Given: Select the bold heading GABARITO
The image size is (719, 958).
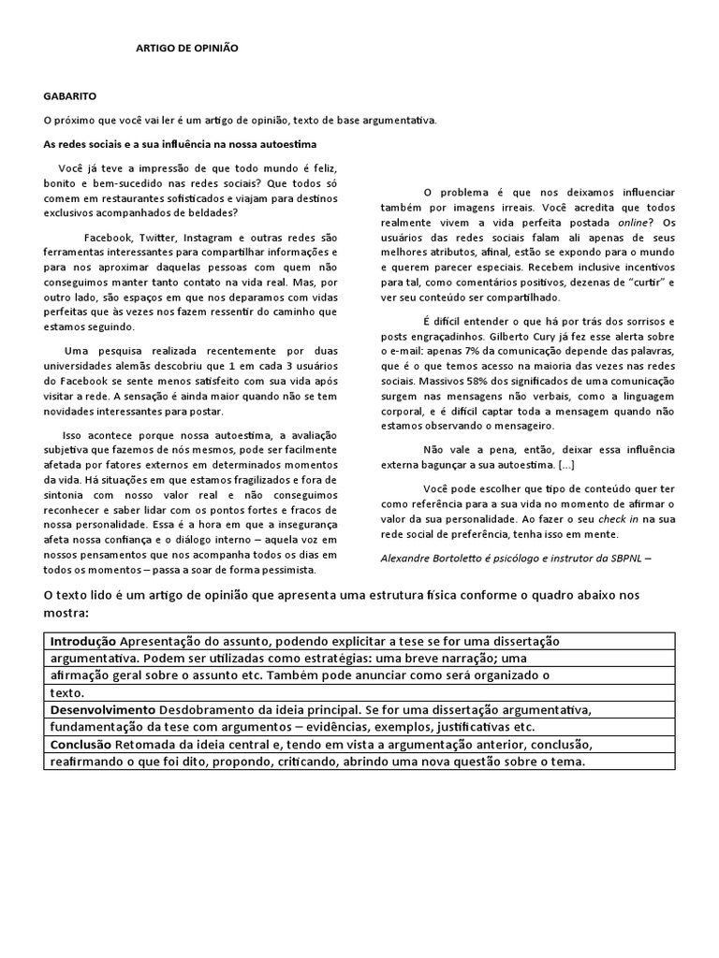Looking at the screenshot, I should click(68, 95).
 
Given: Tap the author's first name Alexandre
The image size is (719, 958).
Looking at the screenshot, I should click(410, 558).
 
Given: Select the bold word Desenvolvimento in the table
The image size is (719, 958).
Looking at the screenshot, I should click(103, 710).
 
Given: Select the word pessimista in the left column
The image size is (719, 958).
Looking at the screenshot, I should click(285, 569).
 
